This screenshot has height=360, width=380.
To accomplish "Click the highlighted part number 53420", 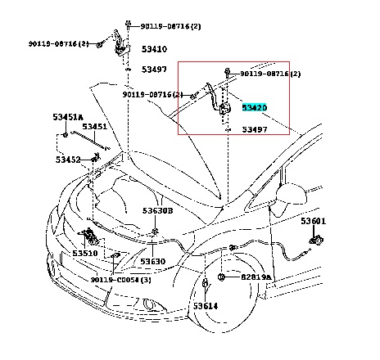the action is [255, 107].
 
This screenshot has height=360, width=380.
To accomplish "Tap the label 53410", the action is [154, 49].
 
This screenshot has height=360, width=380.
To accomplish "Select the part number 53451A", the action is [68, 117].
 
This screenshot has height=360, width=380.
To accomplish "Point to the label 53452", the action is [68, 160].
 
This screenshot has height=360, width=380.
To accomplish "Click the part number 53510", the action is [85, 253].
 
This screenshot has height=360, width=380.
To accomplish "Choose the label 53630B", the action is [157, 210].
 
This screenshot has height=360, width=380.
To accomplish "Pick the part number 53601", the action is [314, 221].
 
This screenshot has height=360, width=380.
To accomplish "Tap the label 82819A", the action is [256, 277].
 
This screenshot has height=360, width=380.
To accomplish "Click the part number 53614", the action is [206, 306].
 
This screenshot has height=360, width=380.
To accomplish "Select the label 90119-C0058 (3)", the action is [120, 280].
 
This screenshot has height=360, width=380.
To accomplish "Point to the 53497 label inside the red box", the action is [255, 129].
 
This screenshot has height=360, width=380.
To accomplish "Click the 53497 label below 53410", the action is [154, 70].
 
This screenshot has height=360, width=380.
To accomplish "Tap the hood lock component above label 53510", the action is [89, 236].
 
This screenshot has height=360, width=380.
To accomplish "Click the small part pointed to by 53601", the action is [316, 241].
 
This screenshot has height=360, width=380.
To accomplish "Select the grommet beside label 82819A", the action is [221, 277].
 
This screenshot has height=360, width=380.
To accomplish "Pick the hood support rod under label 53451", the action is [90, 141].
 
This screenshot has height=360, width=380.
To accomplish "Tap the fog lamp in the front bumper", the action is [149, 304].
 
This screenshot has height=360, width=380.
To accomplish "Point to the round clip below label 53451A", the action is [66, 135].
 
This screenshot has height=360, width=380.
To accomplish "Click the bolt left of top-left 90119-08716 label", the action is [99, 44].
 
